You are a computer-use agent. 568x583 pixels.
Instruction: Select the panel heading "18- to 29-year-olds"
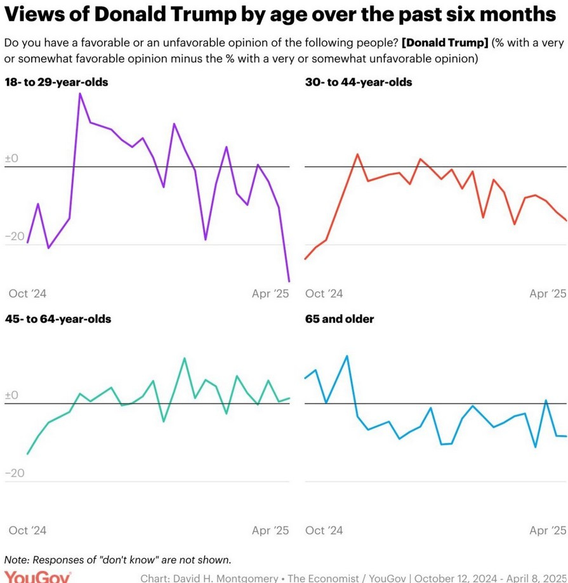(56, 82)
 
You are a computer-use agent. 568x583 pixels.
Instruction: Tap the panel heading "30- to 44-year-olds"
(359, 82)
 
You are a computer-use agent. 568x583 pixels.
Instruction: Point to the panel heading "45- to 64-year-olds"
(58, 318)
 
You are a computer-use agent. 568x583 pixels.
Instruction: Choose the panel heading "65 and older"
(340, 318)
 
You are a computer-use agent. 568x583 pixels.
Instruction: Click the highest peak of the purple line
(80, 94)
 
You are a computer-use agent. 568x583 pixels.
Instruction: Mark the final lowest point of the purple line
(289, 281)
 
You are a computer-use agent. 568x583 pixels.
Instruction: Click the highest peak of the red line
(357, 154)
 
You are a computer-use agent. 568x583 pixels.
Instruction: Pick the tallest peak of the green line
(185, 358)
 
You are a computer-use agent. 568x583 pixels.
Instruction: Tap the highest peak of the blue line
(347, 356)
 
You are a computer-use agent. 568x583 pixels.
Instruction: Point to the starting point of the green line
(27, 454)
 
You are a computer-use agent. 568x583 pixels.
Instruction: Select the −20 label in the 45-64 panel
(15, 473)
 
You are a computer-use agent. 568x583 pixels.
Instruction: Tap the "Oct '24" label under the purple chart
(27, 293)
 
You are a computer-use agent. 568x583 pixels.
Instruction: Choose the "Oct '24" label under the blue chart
(324, 530)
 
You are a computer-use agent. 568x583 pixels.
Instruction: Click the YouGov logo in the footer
(37, 577)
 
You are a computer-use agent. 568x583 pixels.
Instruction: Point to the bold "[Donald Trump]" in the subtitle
(444, 43)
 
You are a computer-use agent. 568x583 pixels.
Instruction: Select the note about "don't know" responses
(117, 560)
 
